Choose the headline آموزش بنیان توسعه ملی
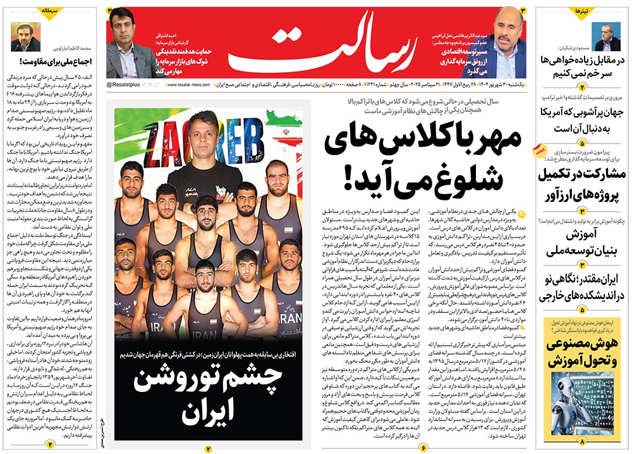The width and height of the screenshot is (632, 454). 579,243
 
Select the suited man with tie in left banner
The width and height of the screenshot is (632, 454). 123,44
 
